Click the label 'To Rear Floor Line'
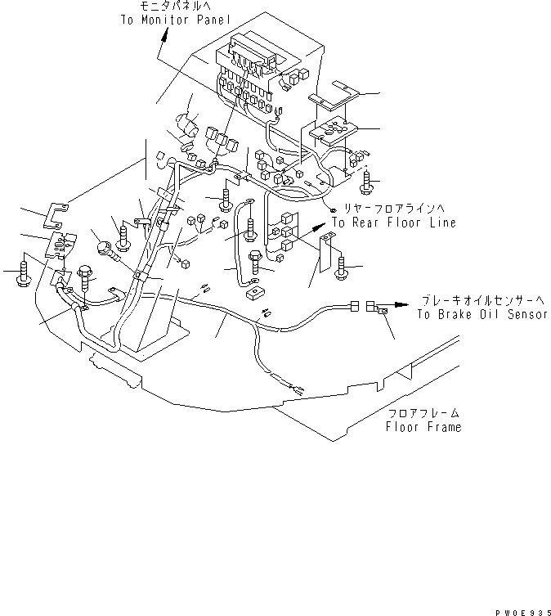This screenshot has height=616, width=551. point(393,223)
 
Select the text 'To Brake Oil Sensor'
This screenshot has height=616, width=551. point(481,314)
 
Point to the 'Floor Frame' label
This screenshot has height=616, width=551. point(423,426)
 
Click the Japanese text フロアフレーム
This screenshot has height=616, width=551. point(423,414)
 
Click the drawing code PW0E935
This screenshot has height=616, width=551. point(519,609)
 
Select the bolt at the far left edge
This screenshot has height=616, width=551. point(22,276)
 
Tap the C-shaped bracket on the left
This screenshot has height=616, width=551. point(54,216)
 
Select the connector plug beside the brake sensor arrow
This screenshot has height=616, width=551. point(378,309)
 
